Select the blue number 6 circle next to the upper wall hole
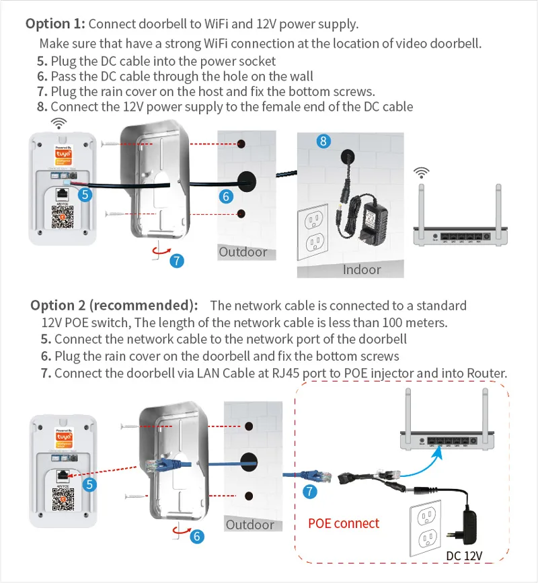(x=227, y=196)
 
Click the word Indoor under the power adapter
(x=362, y=269)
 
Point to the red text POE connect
(x=344, y=523)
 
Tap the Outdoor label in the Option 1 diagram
(x=243, y=253)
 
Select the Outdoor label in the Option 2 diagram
(x=249, y=524)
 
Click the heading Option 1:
(x=55, y=24)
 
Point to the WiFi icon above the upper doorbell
(x=60, y=123)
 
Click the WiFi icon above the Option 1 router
(x=422, y=173)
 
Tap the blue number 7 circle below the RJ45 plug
(x=310, y=492)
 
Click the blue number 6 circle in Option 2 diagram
(x=197, y=536)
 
